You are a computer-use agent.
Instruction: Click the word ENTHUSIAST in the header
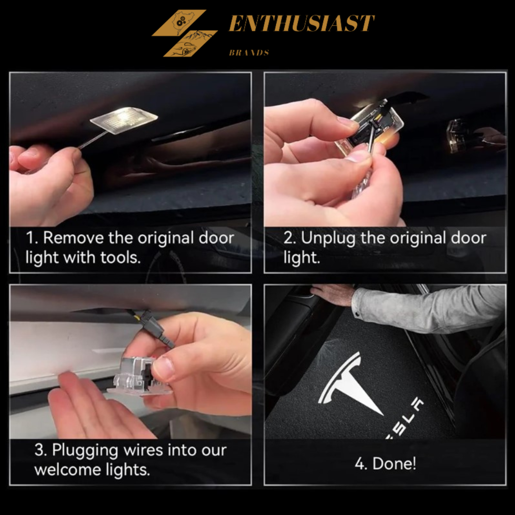pyautogui.click(x=301, y=24)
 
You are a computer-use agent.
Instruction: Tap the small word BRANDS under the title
pyautogui.click(x=248, y=52)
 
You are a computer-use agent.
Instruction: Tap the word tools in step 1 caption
pyautogui.click(x=120, y=257)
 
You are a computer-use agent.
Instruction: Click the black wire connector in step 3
pyautogui.click(x=159, y=330)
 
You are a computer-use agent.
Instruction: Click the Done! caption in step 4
pyautogui.click(x=385, y=463)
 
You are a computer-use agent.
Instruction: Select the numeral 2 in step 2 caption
pyautogui.click(x=288, y=238)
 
